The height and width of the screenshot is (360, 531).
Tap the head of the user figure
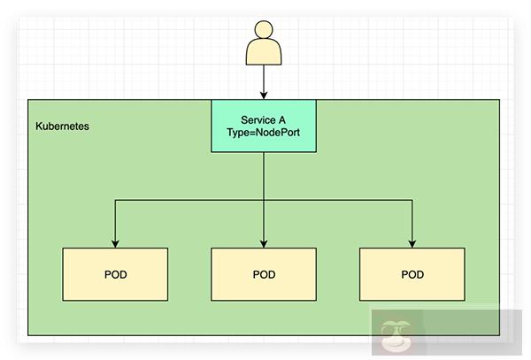[264, 31]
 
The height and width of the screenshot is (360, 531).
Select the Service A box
[264, 126]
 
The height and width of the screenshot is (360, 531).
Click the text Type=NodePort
[264, 134]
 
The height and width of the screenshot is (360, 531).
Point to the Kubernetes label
[62, 126]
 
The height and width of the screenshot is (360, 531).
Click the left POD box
[115, 274]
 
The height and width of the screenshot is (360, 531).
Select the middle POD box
[264, 274]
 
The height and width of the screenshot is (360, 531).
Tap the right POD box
[412, 274]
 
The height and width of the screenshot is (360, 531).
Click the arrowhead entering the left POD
[115, 243]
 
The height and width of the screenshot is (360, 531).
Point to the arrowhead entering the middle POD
[264, 243]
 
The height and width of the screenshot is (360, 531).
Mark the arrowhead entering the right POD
[412, 243]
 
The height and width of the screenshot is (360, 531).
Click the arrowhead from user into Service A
[264, 96]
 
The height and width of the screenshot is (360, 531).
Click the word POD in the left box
[115, 274]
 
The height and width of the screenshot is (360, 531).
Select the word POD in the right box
[412, 274]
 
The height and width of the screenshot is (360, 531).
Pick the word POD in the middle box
[264, 274]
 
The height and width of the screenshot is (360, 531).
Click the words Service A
[264, 119]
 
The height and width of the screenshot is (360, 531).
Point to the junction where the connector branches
[264, 201]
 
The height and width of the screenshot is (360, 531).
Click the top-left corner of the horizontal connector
[115, 201]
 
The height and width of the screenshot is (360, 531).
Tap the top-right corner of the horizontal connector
[412, 201]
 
